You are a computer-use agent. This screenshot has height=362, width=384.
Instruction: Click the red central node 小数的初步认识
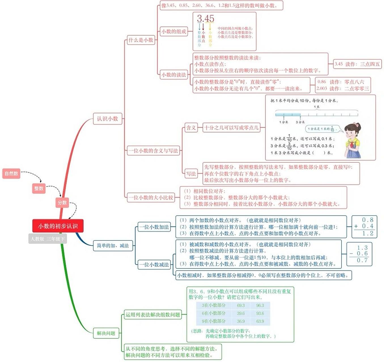[x=58, y=226]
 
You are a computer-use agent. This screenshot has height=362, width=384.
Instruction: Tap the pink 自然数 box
[x=11, y=173]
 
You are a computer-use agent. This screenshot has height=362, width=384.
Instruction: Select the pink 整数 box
[x=39, y=188]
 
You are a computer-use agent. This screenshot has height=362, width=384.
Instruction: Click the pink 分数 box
[x=62, y=202]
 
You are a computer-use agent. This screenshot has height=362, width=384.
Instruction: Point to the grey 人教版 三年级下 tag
[x=48, y=239]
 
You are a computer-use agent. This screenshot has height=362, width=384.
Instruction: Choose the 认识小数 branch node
[x=107, y=119]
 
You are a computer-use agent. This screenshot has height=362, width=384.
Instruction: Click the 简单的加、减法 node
[x=113, y=245]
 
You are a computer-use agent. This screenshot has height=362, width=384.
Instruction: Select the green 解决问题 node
[x=106, y=333]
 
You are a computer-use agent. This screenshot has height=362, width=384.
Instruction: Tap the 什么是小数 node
[x=141, y=40]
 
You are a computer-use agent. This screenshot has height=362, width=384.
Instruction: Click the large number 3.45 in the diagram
[x=205, y=19]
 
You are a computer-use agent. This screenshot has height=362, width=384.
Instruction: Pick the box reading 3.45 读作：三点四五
[x=357, y=64]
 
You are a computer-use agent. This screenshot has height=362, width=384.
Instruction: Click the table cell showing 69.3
[x=241, y=305]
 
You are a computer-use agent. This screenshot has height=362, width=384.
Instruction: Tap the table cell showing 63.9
[x=260, y=321]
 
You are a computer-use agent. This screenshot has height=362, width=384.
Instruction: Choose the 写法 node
[x=191, y=174]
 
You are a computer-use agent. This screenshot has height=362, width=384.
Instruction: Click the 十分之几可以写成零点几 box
[x=231, y=128]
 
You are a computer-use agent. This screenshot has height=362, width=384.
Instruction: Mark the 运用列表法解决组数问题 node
[x=153, y=314]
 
